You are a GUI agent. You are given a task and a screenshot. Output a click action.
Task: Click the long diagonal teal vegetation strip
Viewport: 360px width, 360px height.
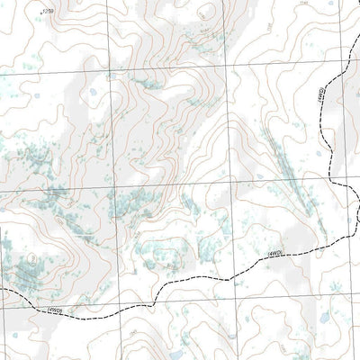285,171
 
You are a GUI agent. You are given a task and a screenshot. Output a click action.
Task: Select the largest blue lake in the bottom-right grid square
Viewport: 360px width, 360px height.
321,321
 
